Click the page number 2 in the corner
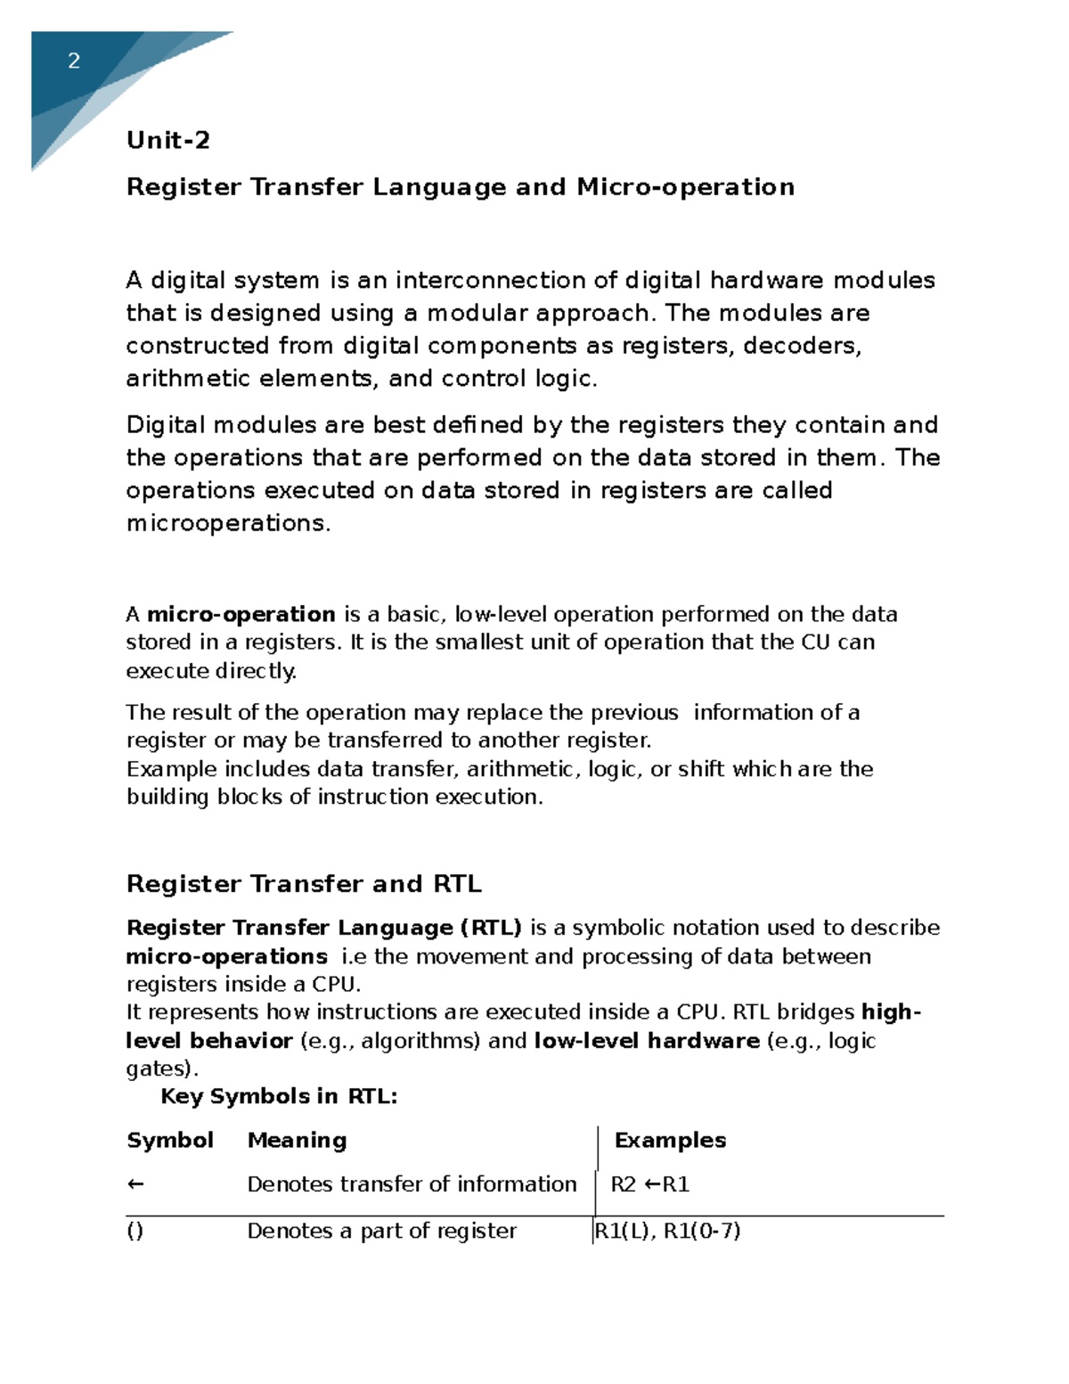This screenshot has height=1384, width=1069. [74, 61]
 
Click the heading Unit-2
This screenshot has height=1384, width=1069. [168, 140]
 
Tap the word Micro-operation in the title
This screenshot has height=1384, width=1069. [685, 187]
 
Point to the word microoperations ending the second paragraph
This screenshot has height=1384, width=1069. [227, 523]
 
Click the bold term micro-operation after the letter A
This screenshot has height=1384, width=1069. [241, 614]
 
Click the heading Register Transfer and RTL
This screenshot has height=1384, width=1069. [304, 884]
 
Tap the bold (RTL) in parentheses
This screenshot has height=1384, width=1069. [490, 928]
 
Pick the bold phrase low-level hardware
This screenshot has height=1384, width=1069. [646, 1041]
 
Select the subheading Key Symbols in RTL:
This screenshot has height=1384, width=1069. [278, 1096]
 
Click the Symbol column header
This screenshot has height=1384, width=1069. [169, 1141]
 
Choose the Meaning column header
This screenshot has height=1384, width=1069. [297, 1141]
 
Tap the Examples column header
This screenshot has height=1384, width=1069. [670, 1141]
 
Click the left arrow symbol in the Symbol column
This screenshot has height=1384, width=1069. [135, 1184]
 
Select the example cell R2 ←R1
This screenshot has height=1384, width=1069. [649, 1184]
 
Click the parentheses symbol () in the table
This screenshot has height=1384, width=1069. [135, 1232]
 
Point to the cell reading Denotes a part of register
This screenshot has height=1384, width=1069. [381, 1232]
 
